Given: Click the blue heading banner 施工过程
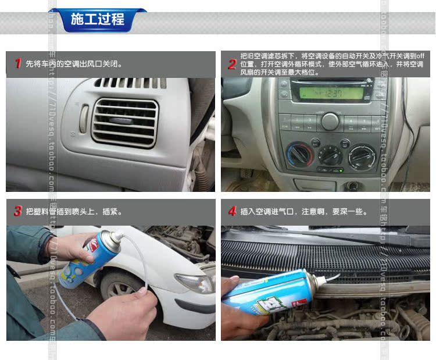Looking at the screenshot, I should pos(97,20).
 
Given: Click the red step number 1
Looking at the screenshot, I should pos(18,63).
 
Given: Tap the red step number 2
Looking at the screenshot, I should pos(231,64).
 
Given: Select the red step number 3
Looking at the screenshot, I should pos(18,211).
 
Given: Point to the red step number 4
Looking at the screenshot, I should pos(232,211).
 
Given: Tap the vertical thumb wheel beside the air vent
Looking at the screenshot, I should pos(84,118).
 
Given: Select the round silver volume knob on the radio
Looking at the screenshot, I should pos(330,121).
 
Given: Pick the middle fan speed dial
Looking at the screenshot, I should pos(330,155).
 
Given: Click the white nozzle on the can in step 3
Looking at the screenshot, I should pos(117,236).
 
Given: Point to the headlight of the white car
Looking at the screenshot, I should pos(193,283).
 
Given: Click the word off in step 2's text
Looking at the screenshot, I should pos(421,56).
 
